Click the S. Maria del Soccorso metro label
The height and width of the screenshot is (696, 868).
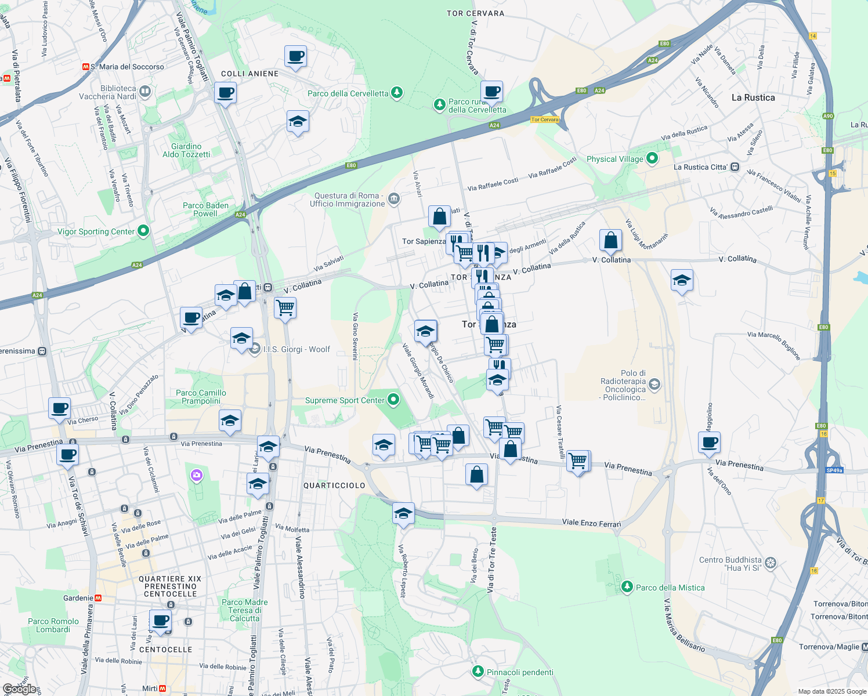(127, 67)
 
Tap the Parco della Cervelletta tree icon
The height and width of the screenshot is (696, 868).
(397, 93)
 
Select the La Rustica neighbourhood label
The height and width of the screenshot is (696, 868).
(753, 97)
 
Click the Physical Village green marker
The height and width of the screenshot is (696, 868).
(652, 158)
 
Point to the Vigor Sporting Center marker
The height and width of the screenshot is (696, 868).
(143, 231)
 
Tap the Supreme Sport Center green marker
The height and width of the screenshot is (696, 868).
(393, 400)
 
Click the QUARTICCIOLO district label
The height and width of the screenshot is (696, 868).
(334, 485)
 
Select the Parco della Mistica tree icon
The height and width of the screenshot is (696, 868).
(627, 587)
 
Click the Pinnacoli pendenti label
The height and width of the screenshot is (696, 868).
(520, 672)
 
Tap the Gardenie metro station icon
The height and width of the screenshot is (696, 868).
(98, 598)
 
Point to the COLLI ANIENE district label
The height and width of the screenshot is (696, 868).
(249, 74)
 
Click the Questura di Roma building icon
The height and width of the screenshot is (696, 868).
(394, 199)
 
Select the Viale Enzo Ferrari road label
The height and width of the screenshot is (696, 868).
(591, 523)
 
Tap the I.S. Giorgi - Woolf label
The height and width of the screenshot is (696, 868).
(296, 349)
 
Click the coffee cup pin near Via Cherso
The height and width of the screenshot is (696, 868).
(59, 408)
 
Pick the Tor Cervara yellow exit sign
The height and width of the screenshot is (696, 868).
(544, 119)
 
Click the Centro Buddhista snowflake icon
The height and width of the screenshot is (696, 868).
(771, 563)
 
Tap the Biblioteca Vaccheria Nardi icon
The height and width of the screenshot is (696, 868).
(145, 91)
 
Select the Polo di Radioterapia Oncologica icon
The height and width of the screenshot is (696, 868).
(654, 385)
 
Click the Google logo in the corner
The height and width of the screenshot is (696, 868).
(20, 689)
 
